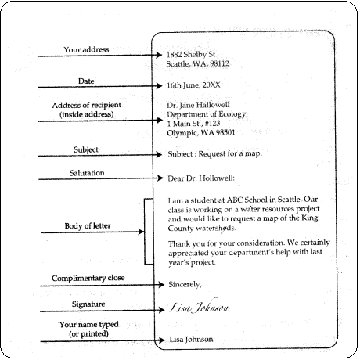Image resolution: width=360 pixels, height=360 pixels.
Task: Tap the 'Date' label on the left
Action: coord(86,81)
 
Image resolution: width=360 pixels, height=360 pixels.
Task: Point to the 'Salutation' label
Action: coord(86,172)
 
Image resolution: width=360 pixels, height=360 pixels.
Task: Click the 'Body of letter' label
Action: coord(86,227)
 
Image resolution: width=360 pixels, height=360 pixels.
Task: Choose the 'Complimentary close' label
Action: coord(88,279)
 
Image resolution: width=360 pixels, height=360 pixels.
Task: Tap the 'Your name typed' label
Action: coord(86,322)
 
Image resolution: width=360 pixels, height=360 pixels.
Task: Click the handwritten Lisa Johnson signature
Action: coord(199,308)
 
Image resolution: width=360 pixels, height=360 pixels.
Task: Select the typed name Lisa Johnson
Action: coord(190,339)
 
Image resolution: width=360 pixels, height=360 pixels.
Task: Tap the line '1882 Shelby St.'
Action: coord(191,54)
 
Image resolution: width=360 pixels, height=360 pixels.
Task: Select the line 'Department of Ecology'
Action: coord(205,114)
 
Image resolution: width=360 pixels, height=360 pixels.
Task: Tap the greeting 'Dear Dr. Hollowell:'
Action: coord(201,177)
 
